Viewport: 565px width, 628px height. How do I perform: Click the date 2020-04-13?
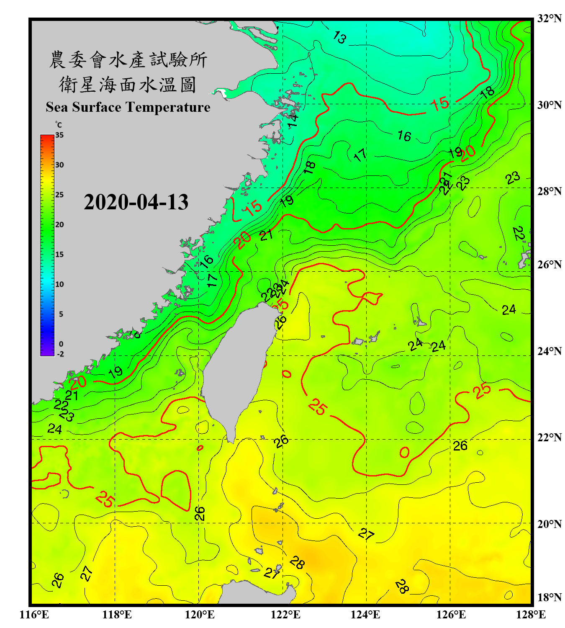tap(136, 202)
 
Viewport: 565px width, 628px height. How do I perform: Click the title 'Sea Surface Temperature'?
tap(128, 107)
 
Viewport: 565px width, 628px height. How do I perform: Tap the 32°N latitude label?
tap(549, 18)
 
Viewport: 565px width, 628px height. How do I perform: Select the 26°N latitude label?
tap(549, 265)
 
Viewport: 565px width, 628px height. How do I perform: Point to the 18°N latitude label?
tap(549, 597)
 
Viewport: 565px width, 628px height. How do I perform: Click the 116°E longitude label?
tap(34, 615)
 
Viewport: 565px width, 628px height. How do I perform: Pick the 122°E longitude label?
tap(285, 615)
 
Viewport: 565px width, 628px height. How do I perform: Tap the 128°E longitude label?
tap(531, 615)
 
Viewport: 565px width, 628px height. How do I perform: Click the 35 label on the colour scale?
tap(59, 135)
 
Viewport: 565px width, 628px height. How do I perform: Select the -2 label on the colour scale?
tap(60, 354)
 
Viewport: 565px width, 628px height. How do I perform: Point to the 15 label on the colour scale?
tap(59, 255)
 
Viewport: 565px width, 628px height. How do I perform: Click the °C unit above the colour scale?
tap(59, 125)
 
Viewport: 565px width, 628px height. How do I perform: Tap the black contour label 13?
tap(339, 38)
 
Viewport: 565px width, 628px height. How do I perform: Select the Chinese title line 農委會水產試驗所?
tap(128, 60)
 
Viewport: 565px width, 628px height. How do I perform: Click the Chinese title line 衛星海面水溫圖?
tap(128, 85)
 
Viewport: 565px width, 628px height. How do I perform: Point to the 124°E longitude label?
tap(365, 615)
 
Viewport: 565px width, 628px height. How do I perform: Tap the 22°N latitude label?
tap(549, 438)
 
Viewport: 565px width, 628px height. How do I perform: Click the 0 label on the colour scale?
tap(61, 344)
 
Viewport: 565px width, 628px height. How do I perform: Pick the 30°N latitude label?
tap(549, 105)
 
